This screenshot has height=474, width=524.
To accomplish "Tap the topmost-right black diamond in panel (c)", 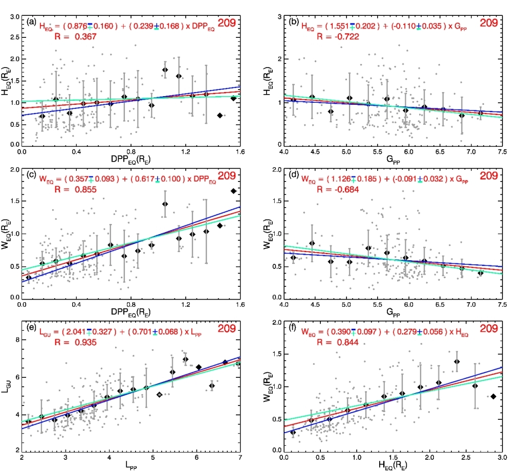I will tap(234, 191).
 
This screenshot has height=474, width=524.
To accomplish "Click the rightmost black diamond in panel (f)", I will tap(493, 396).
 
